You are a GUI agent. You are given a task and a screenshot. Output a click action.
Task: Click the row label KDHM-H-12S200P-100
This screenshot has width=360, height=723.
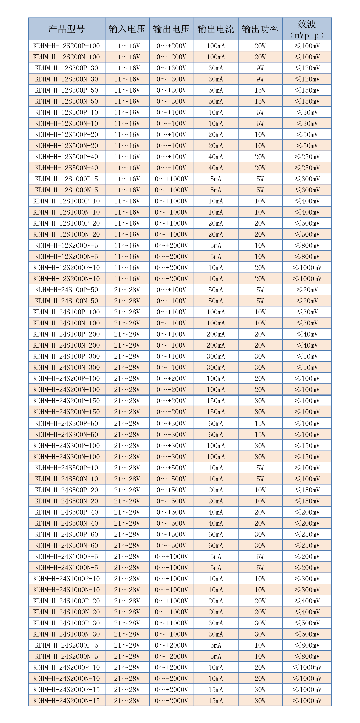point(67,46)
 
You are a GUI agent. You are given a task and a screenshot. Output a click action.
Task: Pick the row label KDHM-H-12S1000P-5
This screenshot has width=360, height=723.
point(67,179)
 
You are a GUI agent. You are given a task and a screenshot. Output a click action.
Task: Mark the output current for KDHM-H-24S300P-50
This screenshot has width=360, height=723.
point(216,423)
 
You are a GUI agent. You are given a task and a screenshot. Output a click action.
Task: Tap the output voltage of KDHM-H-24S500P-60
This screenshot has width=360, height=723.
point(171,534)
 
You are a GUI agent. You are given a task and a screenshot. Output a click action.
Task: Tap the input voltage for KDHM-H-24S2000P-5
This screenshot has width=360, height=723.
point(127,645)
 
